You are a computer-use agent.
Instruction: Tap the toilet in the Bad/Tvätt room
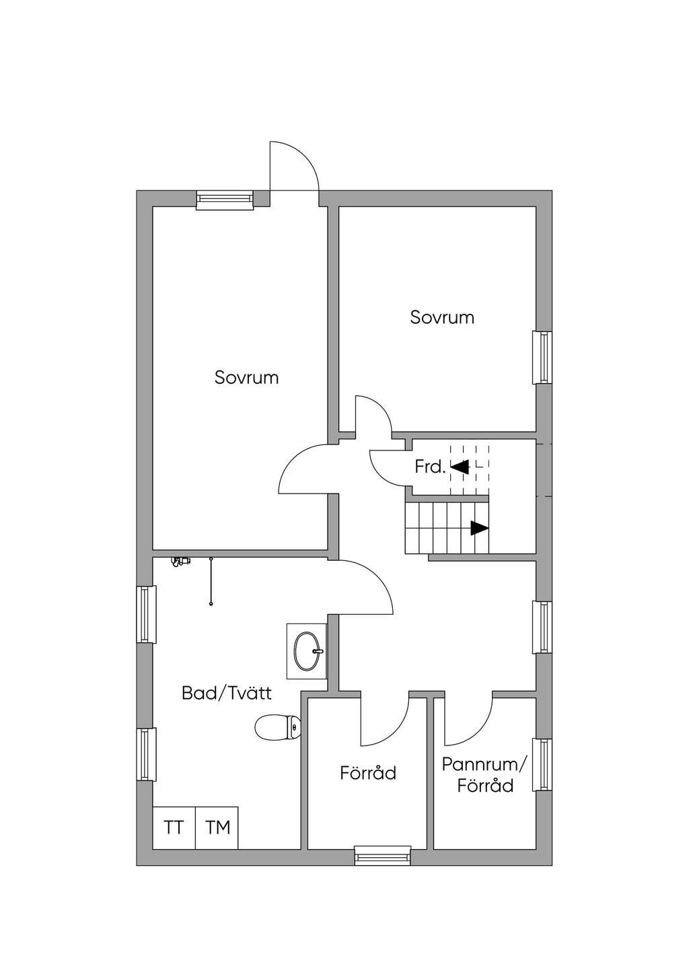277,727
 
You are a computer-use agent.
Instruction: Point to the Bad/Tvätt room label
227,693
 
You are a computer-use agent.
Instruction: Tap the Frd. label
430,468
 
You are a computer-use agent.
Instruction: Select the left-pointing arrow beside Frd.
460,467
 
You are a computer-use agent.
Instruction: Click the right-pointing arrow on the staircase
480,529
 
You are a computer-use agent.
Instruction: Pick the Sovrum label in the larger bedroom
247,378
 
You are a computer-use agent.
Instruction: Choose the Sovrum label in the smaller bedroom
442,318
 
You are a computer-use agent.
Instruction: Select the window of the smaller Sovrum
542,358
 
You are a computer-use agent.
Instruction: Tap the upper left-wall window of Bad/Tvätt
147,614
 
